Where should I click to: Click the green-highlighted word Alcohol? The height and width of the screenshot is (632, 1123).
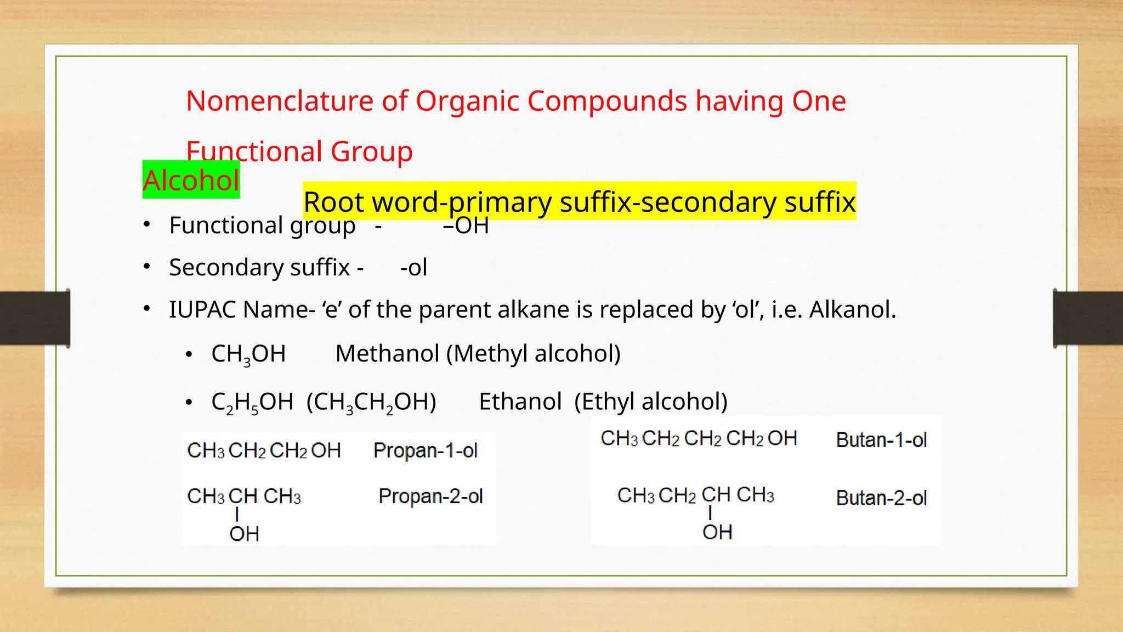[191, 180]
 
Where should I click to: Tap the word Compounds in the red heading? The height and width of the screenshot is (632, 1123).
[607, 101]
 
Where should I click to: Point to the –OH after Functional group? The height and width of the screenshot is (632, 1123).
[466, 225]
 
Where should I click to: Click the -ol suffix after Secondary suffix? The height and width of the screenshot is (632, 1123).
[413, 268]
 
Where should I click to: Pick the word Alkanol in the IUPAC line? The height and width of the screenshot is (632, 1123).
[852, 309]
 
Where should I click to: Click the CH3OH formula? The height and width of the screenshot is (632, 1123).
[248, 354]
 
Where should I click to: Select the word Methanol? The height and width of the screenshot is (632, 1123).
[387, 353]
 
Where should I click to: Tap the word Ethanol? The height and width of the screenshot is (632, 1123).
[520, 402]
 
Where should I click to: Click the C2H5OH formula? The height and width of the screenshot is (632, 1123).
[252, 402]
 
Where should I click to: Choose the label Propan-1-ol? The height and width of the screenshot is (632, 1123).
[426, 450]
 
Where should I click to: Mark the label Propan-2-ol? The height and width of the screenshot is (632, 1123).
[430, 496]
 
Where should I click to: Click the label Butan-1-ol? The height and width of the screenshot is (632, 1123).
[881, 440]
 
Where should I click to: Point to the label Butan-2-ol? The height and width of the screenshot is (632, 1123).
[881, 498]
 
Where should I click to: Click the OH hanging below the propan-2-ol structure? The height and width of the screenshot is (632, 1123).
[244, 534]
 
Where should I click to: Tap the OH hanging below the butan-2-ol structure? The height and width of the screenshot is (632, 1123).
[717, 532]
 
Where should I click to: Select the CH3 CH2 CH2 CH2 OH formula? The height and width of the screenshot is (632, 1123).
[699, 438]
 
